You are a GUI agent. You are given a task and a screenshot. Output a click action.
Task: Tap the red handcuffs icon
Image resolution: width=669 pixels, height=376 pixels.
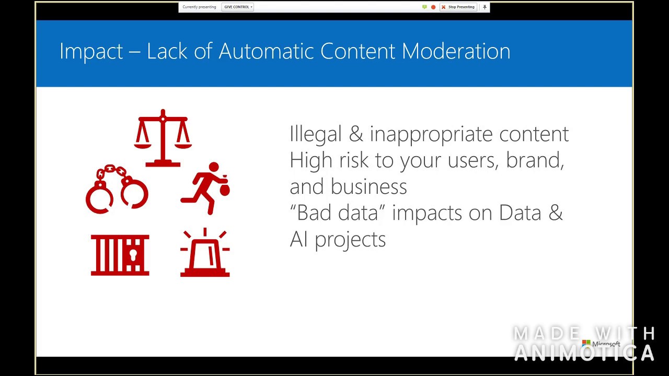click(117, 190)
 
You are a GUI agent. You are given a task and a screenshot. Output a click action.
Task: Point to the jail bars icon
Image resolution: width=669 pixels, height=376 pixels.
click(120, 255)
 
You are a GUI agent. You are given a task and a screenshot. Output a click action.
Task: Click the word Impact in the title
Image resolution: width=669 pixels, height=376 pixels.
click(91, 51)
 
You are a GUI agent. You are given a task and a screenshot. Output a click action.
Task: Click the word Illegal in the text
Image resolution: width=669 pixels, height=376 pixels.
click(315, 134)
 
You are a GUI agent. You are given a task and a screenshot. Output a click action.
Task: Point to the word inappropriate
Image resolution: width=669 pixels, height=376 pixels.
click(431, 134)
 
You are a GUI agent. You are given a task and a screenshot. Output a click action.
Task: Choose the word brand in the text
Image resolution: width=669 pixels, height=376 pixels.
click(534, 160)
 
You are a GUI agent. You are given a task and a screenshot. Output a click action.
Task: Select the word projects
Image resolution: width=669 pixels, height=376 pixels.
click(350, 240)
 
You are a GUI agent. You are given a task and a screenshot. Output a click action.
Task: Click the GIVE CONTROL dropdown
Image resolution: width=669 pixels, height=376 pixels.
click(238, 7)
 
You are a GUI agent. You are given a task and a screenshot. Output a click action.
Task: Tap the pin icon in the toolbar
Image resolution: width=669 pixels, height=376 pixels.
click(485, 7)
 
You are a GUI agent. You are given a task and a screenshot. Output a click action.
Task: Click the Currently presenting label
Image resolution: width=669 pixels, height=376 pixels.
click(199, 7)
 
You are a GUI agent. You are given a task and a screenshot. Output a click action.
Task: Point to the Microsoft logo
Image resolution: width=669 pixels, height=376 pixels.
click(601, 344)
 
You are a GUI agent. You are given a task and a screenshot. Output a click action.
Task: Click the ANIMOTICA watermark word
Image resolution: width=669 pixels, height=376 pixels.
click(584, 353)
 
